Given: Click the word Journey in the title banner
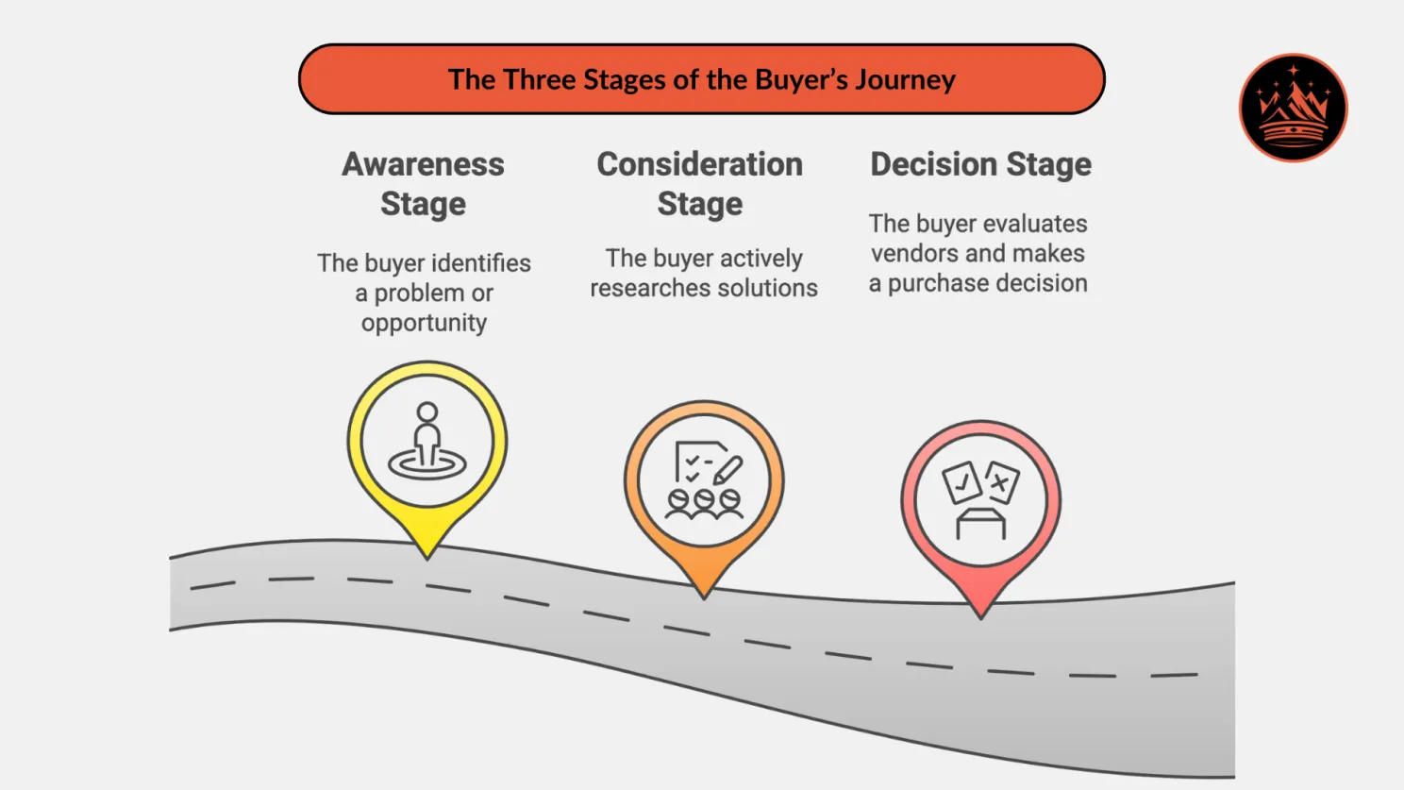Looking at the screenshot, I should (x=905, y=80).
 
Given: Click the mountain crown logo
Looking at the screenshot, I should (x=1293, y=108).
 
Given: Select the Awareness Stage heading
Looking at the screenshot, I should (x=423, y=184).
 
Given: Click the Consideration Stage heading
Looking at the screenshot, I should (x=699, y=184).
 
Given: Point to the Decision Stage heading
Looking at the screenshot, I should (x=980, y=164).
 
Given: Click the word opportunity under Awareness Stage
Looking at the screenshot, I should (x=424, y=323).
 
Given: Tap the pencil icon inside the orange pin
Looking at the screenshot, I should (x=727, y=469).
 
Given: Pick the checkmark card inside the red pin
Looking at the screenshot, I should (x=961, y=483).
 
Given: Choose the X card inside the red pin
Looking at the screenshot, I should (x=1001, y=482).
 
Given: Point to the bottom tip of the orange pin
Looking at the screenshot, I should (x=704, y=597).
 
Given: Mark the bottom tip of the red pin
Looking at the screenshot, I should (x=981, y=616).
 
